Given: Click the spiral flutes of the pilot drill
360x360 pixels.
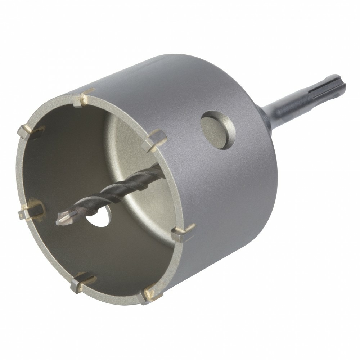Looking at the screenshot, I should coord(122,187).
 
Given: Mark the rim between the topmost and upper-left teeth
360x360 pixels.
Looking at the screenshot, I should coord(54,108).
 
